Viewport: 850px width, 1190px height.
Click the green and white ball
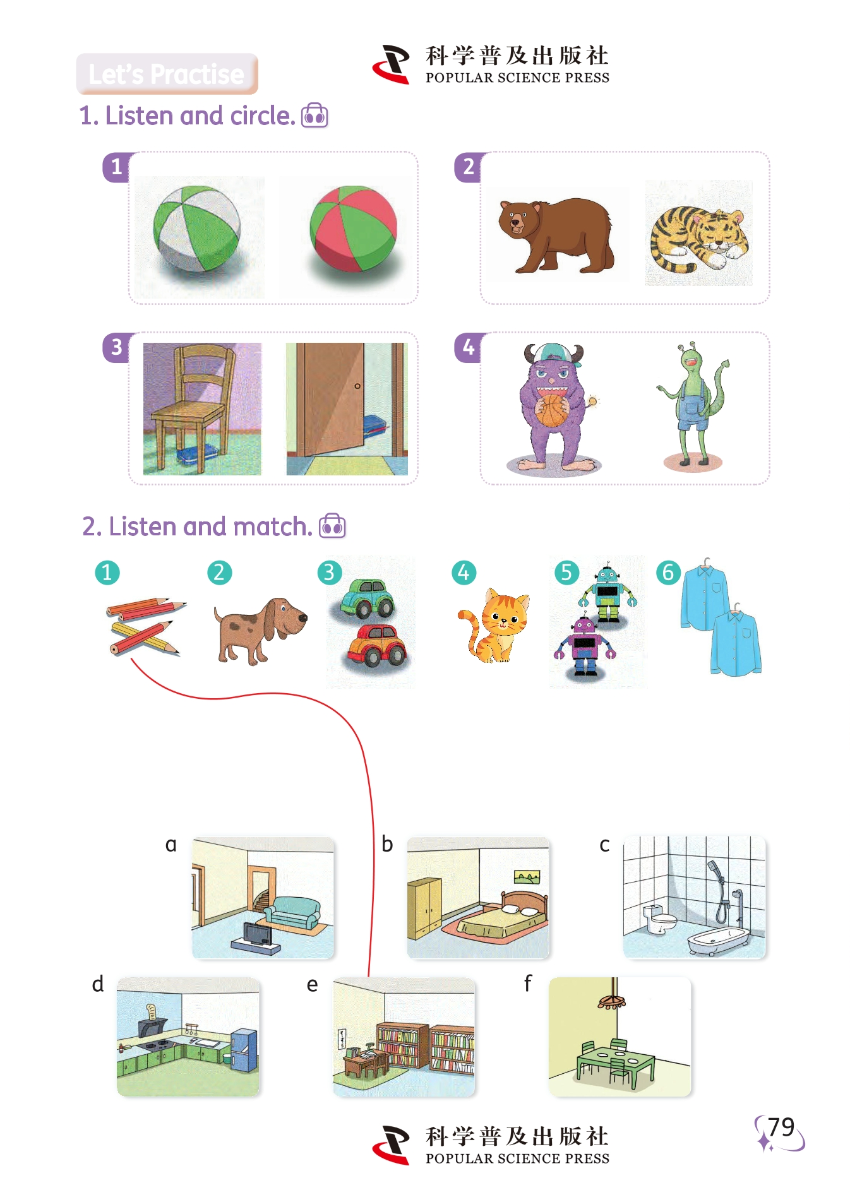tap(196, 230)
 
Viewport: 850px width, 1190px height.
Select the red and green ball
tap(353, 228)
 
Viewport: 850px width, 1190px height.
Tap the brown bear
tap(555, 235)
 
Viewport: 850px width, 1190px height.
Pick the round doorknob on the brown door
tap(357, 386)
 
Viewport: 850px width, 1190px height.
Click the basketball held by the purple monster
tap(553, 410)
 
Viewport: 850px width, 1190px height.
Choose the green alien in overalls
tap(693, 404)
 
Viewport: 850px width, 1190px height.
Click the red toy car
tap(377, 645)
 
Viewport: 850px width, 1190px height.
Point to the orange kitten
tap(496, 626)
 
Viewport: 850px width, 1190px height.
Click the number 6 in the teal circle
tap(668, 573)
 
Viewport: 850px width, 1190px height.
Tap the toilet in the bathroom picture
tap(658, 919)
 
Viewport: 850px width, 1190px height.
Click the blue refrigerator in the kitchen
tap(244, 1049)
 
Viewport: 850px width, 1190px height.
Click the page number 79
tap(781, 1127)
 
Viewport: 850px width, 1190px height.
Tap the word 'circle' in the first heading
tap(259, 116)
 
